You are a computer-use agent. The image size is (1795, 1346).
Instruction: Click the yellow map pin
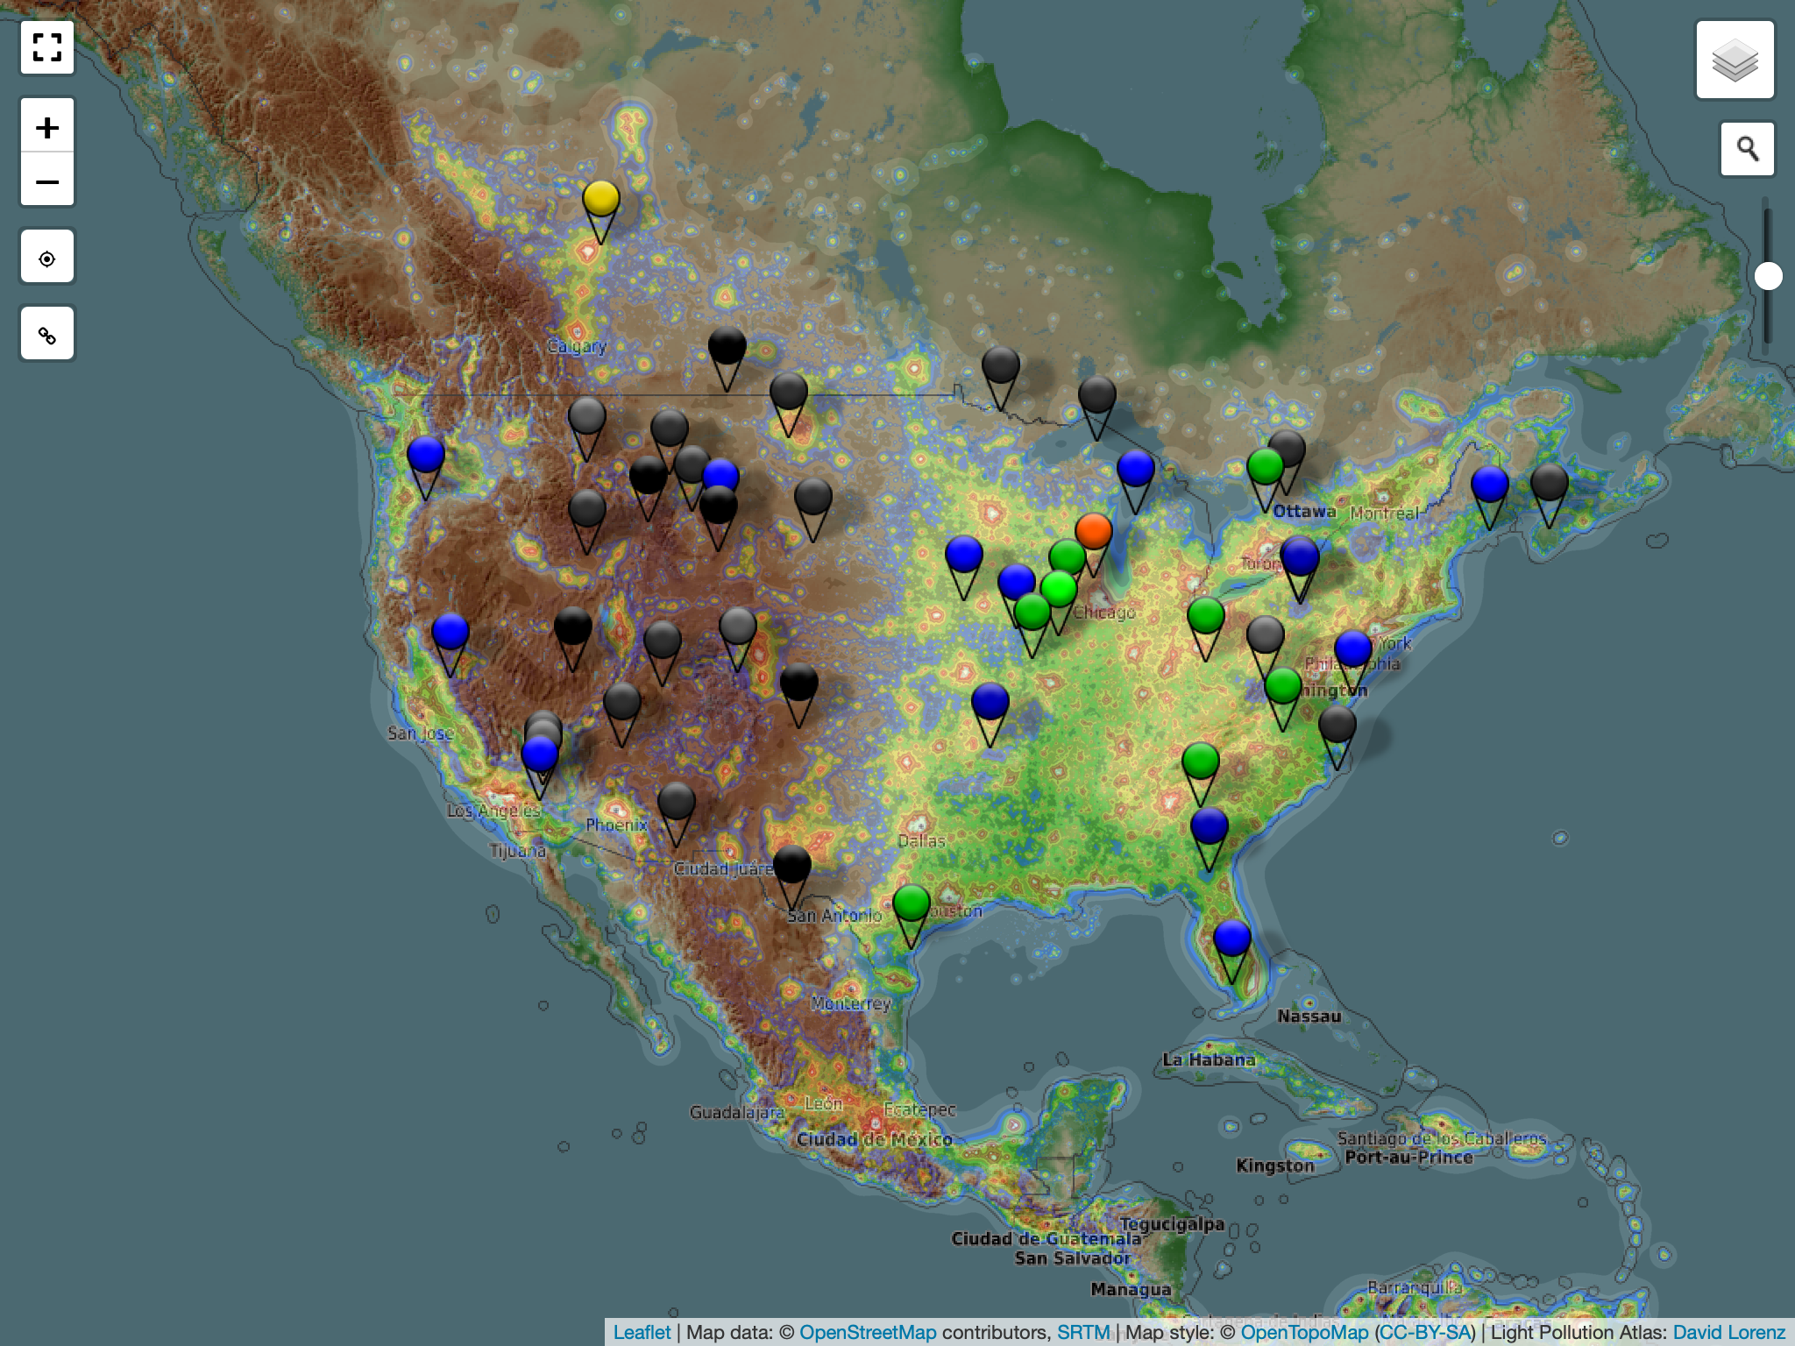(601, 199)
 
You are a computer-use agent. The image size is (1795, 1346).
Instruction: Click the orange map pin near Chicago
(1094, 531)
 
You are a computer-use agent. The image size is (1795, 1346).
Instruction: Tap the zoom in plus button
(47, 128)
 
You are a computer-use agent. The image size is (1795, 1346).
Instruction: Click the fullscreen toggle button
(47, 47)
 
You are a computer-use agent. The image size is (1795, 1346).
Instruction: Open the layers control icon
(1735, 60)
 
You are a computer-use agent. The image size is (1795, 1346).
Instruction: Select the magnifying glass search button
(1747, 149)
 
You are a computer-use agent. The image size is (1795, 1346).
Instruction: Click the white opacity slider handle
(1768, 276)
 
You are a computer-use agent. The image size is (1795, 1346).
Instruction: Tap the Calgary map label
(577, 346)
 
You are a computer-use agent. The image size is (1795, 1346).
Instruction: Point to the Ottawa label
(1304, 511)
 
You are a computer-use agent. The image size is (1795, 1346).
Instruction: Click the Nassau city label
(1309, 1016)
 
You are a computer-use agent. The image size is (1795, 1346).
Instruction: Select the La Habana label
(1209, 1059)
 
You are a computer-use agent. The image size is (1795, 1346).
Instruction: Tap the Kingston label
(1275, 1165)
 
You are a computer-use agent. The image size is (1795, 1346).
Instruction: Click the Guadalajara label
(736, 1112)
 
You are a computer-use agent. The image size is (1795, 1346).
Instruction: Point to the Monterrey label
(850, 1002)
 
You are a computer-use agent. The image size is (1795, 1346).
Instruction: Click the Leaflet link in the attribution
(642, 1332)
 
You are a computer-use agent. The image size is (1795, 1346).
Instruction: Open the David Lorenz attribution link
(1728, 1332)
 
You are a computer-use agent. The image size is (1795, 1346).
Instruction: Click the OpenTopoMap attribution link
(1304, 1332)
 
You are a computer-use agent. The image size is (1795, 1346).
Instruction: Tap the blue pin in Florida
(1231, 939)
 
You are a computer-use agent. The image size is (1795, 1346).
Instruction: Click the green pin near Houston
(912, 903)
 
